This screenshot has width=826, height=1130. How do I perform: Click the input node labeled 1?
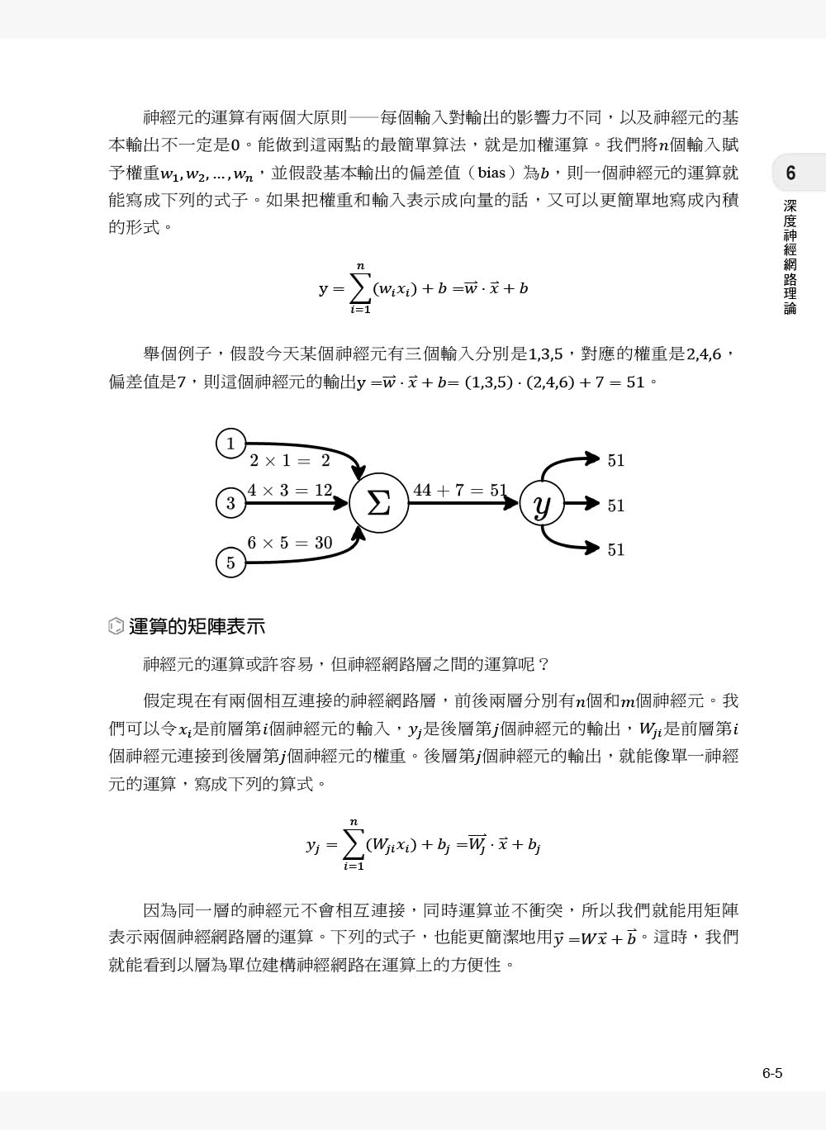click(x=230, y=444)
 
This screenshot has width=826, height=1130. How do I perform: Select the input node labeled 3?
click(x=230, y=503)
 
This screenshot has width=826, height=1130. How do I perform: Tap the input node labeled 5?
click(x=230, y=563)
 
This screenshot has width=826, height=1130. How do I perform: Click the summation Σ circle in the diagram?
click(x=378, y=503)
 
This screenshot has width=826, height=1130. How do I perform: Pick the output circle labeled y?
click(x=542, y=504)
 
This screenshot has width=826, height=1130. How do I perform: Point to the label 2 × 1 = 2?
click(x=290, y=461)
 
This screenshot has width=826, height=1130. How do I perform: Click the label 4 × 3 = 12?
click(x=290, y=491)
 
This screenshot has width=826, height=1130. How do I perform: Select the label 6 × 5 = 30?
click(x=290, y=543)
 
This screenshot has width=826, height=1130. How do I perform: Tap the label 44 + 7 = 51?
click(x=460, y=491)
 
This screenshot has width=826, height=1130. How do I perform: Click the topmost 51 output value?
click(x=616, y=461)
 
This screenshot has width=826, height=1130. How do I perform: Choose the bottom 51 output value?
click(x=616, y=550)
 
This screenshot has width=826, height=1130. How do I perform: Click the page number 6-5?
click(x=772, y=1074)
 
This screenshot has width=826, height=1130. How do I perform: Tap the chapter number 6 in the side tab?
click(x=790, y=173)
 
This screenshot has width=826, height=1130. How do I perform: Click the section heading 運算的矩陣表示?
click(x=197, y=627)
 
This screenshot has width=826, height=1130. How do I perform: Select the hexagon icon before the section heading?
click(x=116, y=627)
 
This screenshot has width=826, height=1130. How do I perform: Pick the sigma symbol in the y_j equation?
click(x=354, y=844)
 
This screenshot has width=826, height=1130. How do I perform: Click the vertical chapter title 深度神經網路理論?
click(x=790, y=257)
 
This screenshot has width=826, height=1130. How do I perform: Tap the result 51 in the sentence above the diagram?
click(x=635, y=382)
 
